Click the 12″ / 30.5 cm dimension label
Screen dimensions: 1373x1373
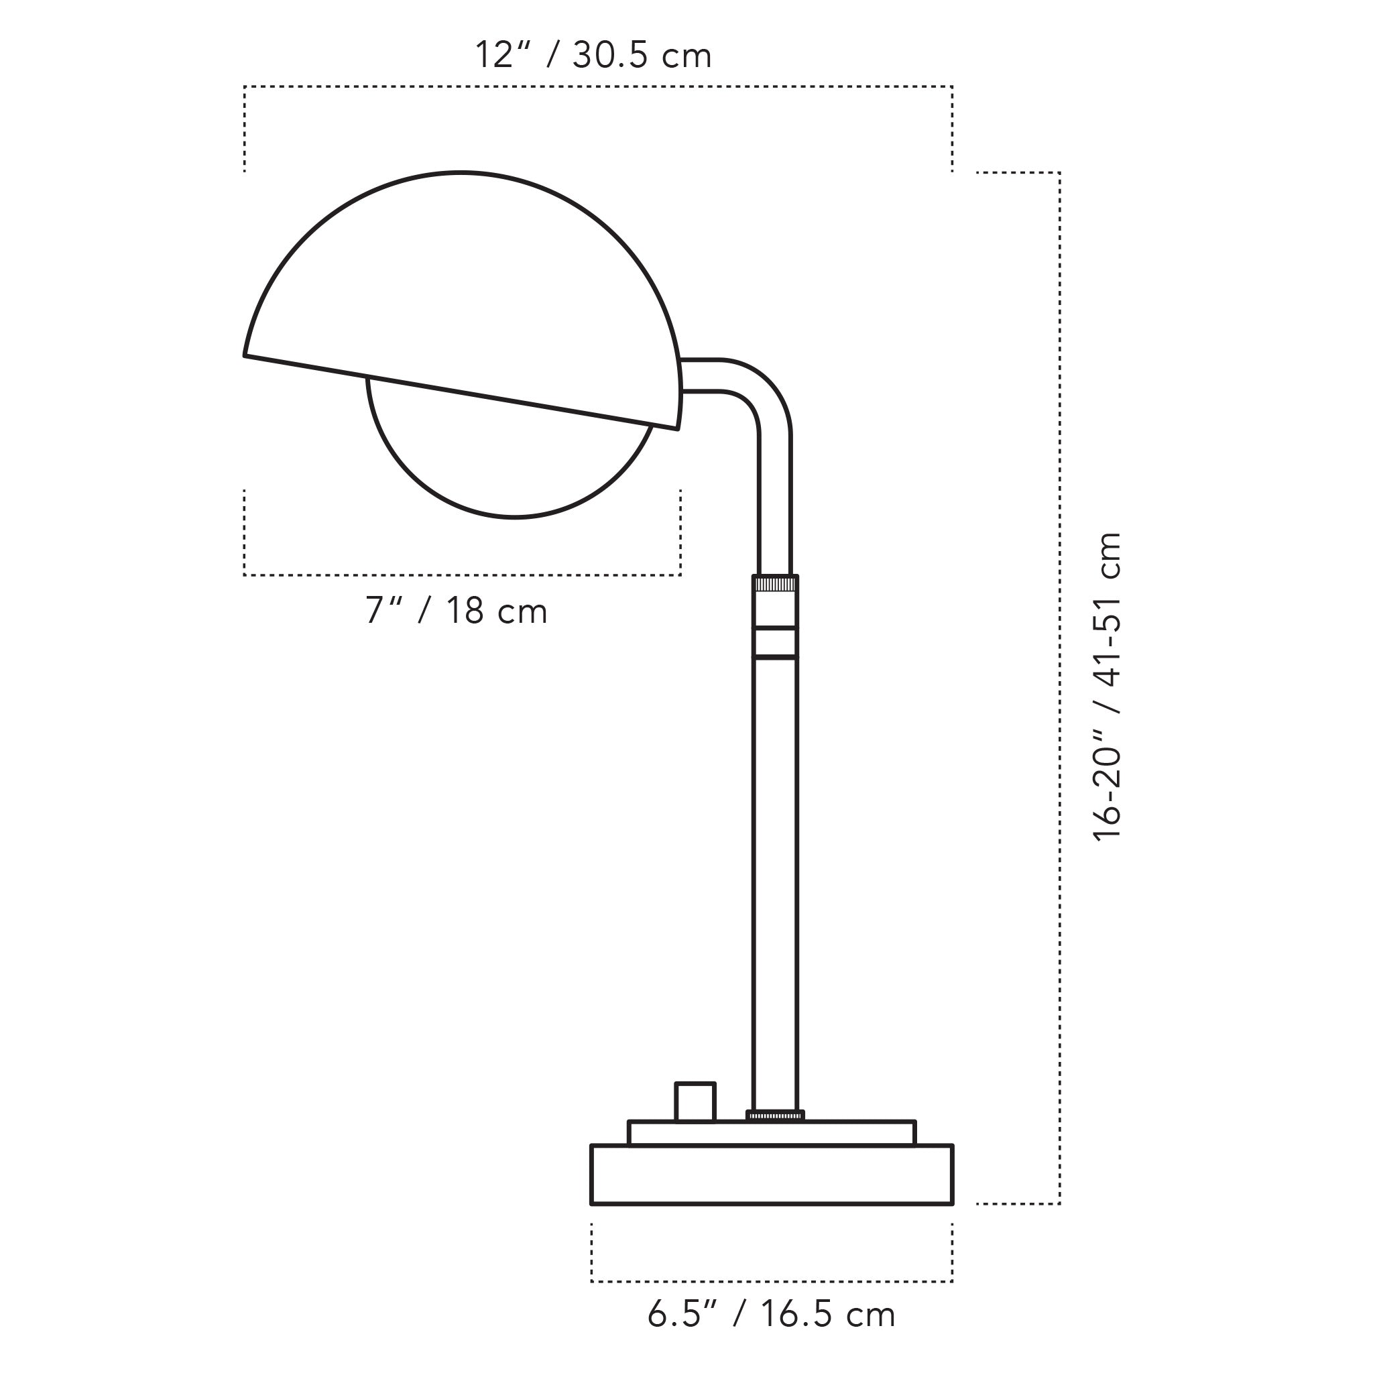(593, 56)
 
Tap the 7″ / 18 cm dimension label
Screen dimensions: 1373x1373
(457, 611)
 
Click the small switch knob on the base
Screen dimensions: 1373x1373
(695, 1101)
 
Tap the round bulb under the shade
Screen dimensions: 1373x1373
(510, 473)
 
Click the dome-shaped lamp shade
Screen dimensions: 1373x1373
(462, 298)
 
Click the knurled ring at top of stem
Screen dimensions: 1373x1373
(776, 584)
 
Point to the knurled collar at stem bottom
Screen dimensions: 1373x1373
(776, 1116)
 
